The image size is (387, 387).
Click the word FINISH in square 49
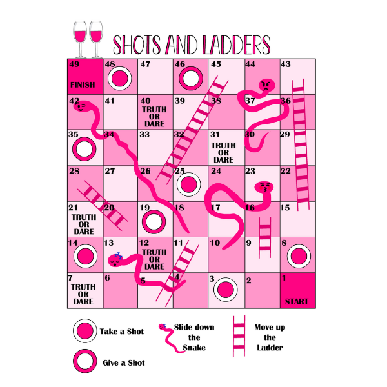click(83, 84)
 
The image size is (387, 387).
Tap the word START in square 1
click(297, 301)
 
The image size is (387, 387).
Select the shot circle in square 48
click(119, 79)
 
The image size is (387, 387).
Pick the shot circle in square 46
click(190, 79)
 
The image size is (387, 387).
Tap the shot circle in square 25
click(188, 184)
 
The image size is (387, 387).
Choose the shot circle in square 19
click(154, 221)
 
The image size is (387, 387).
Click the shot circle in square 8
click(298, 256)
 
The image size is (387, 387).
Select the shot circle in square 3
click(226, 290)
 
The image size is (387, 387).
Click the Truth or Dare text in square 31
click(224, 152)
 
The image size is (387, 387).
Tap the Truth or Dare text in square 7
click(83, 293)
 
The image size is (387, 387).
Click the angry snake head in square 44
click(266, 85)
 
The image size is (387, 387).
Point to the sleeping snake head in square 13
click(116, 261)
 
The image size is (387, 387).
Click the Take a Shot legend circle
click(84, 332)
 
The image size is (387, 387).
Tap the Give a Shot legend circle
click(84, 361)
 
